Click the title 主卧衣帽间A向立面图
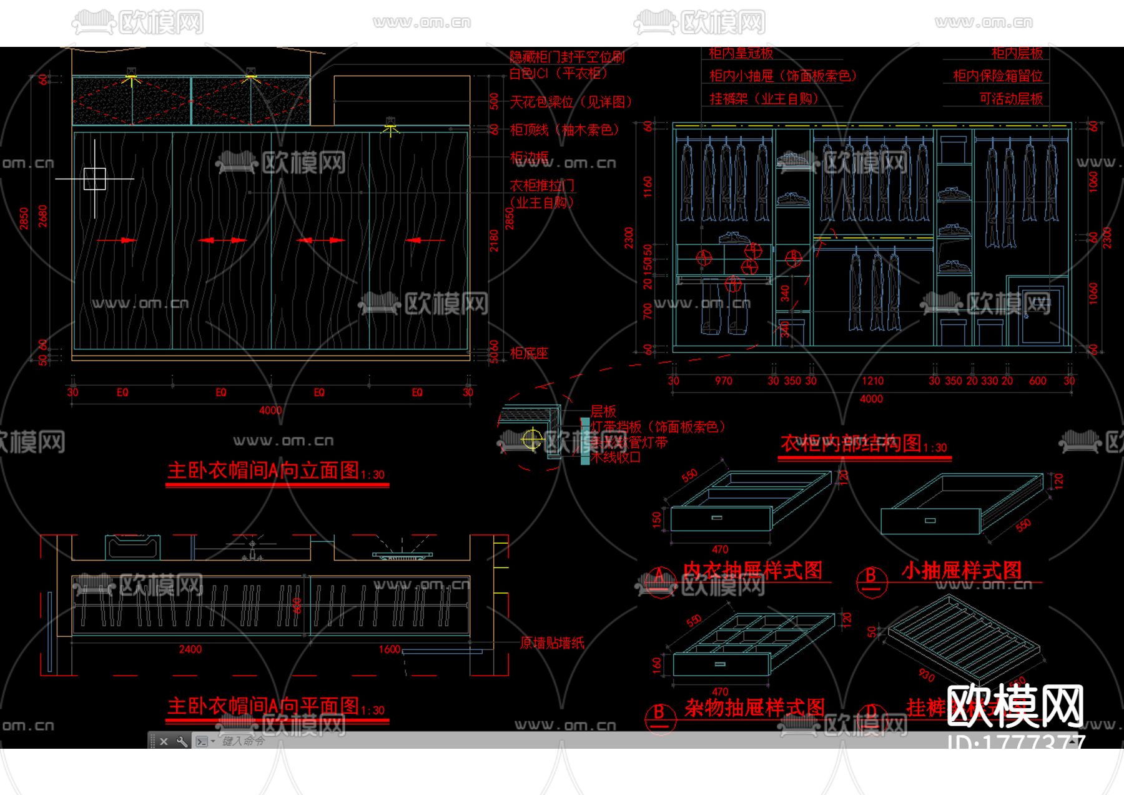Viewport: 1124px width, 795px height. click(x=264, y=471)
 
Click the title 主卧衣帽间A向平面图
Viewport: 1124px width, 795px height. click(x=264, y=706)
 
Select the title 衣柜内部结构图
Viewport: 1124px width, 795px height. click(x=851, y=444)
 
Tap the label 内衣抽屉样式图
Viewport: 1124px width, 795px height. click(x=752, y=570)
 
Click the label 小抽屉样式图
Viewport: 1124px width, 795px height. click(x=961, y=570)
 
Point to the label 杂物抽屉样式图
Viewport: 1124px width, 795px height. click(x=754, y=707)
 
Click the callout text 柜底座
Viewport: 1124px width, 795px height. click(x=529, y=354)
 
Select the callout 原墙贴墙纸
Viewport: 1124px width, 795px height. click(x=552, y=643)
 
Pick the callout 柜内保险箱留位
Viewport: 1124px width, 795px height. click(x=998, y=76)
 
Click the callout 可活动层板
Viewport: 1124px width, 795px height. click(x=1011, y=99)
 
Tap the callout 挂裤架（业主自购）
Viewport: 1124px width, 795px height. click(x=764, y=99)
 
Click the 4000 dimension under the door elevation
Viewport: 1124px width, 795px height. click(x=270, y=411)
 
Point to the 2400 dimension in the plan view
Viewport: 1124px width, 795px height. click(x=190, y=649)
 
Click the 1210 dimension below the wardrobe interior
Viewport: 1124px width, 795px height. click(x=872, y=381)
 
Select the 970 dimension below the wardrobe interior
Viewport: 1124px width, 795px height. click(x=723, y=381)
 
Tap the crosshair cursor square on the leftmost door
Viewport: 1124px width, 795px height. click(x=94, y=179)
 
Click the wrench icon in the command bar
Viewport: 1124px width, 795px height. click(x=182, y=741)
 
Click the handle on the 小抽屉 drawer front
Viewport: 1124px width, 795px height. click(x=930, y=521)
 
